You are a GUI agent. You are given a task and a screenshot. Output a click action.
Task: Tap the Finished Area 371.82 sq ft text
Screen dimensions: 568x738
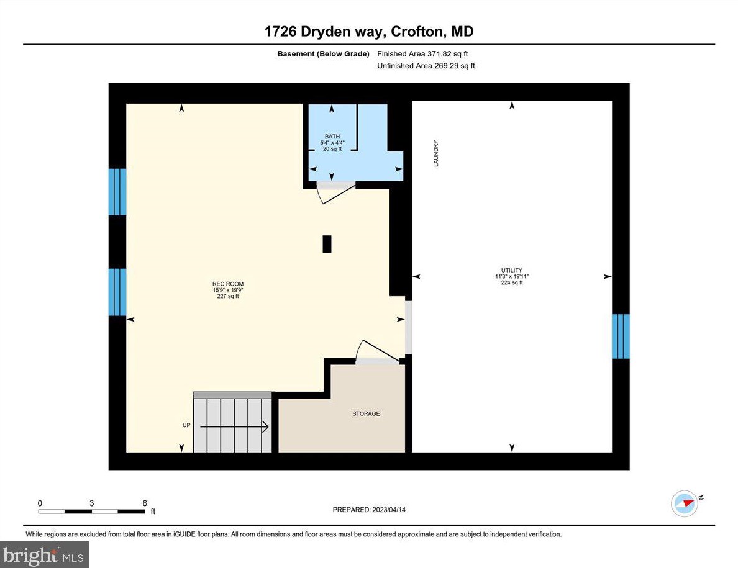(x=422, y=54)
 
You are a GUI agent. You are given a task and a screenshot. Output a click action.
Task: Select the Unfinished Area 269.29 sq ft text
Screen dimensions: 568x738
(x=426, y=66)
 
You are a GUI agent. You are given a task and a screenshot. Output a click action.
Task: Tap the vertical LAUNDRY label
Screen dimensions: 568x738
(x=436, y=153)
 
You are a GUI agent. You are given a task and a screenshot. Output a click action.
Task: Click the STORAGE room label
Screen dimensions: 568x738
(x=366, y=413)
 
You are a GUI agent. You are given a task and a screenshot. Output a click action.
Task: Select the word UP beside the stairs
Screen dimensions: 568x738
(x=186, y=425)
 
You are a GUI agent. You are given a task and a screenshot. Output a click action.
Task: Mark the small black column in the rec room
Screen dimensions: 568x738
(x=327, y=244)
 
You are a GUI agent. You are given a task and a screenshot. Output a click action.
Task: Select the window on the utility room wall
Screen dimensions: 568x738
(x=621, y=336)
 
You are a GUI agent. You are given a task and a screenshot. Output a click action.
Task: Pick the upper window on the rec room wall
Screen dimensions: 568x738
(x=117, y=192)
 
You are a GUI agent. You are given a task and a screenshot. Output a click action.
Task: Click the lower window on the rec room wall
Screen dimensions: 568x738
(x=117, y=292)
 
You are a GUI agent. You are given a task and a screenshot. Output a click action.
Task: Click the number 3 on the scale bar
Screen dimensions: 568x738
(x=91, y=503)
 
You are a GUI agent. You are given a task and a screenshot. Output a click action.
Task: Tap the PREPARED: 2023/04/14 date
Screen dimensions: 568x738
(x=369, y=510)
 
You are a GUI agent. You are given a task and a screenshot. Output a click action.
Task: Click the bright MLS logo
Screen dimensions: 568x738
(x=45, y=554)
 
